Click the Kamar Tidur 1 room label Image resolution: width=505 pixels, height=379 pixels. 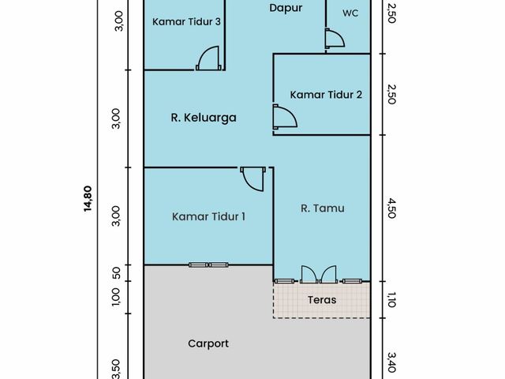click(x=208, y=216)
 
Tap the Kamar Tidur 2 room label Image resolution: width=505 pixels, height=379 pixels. click(x=326, y=95)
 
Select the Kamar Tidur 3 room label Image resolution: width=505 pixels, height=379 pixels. click(x=186, y=21)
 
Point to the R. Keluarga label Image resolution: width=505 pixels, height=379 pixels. click(x=204, y=118)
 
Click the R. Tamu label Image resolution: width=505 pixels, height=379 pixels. click(x=323, y=208)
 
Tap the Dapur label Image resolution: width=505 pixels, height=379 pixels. click(x=286, y=8)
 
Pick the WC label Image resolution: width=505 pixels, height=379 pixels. click(x=350, y=13)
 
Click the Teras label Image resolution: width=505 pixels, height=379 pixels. click(x=322, y=300)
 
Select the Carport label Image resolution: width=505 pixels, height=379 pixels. click(x=208, y=343)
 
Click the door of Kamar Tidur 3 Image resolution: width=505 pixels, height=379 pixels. click(x=208, y=58)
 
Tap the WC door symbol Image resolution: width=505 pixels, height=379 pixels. click(x=335, y=39)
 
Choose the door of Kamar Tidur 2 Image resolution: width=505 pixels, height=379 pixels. click(x=285, y=117)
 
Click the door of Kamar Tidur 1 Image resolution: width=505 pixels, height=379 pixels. click(x=253, y=179)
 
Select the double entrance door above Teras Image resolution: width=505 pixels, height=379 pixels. click(x=319, y=275)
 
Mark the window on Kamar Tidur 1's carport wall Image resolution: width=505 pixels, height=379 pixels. click(x=208, y=265)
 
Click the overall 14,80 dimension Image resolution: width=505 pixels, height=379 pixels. click(x=88, y=199)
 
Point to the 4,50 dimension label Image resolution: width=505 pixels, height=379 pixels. click(x=391, y=208)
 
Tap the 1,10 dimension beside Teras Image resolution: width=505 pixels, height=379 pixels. click(x=391, y=300)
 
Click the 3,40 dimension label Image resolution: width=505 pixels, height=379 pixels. click(x=391, y=362)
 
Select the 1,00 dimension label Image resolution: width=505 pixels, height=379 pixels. click(x=116, y=297)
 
